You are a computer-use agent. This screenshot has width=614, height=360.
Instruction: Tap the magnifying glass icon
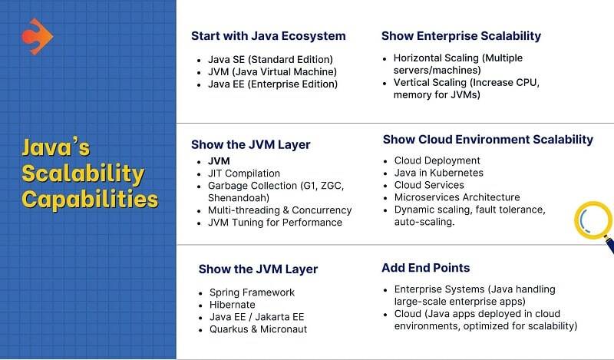pyautogui.click(x=593, y=222)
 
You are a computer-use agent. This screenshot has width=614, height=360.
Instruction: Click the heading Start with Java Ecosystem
pyautogui.click(x=268, y=36)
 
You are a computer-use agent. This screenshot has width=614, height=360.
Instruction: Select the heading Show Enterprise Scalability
pyautogui.click(x=460, y=36)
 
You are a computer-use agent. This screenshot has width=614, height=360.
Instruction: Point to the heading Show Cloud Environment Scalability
pyautogui.click(x=487, y=140)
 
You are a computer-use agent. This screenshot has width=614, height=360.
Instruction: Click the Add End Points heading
pyautogui.click(x=425, y=268)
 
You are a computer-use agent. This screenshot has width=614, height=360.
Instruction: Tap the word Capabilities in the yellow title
pyautogui.click(x=90, y=200)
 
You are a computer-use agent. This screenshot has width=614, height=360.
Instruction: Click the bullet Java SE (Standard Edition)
pyautogui.click(x=270, y=59)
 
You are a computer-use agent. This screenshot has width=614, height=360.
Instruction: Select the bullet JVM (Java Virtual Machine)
pyautogui.click(x=272, y=71)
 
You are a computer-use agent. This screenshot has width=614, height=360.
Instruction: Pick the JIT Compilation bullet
pyautogui.click(x=244, y=173)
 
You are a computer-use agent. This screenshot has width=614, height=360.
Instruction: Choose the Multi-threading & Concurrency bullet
pyautogui.click(x=279, y=210)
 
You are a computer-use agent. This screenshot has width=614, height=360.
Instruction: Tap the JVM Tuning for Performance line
pyautogui.click(x=275, y=222)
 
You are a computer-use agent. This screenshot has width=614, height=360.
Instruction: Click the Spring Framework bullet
pyautogui.click(x=252, y=292)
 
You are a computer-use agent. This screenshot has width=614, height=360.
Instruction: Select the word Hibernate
pyautogui.click(x=233, y=305)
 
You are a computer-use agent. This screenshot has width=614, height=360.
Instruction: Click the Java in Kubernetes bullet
pyautogui.click(x=438, y=173)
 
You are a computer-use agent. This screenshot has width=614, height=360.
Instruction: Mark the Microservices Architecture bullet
pyautogui.click(x=457, y=197)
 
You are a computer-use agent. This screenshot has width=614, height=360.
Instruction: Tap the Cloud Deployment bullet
pyautogui.click(x=437, y=160)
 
